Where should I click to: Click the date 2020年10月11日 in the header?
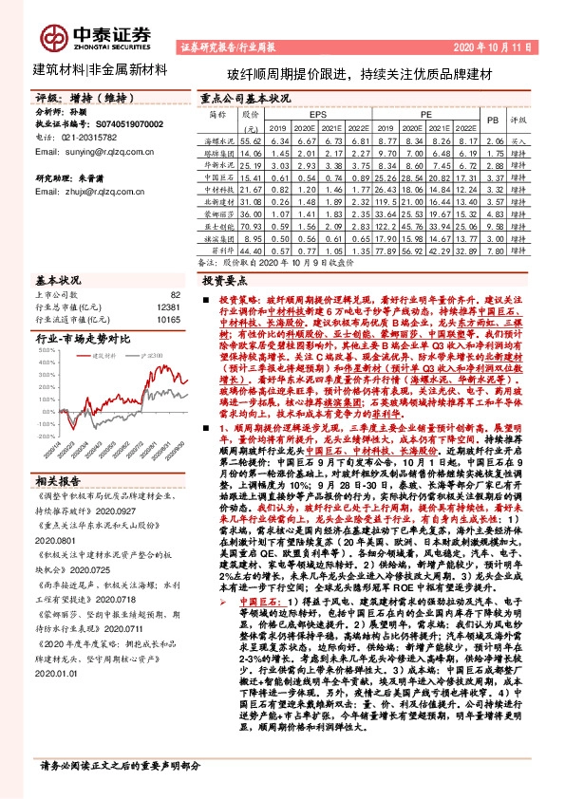point(504,46)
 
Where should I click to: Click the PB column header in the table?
point(491,121)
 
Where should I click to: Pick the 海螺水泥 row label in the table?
point(218,140)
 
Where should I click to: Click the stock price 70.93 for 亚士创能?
point(250,228)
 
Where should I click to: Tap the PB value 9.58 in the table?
point(491,228)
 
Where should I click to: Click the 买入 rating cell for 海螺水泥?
point(518,140)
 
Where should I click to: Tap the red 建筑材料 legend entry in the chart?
point(105,356)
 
